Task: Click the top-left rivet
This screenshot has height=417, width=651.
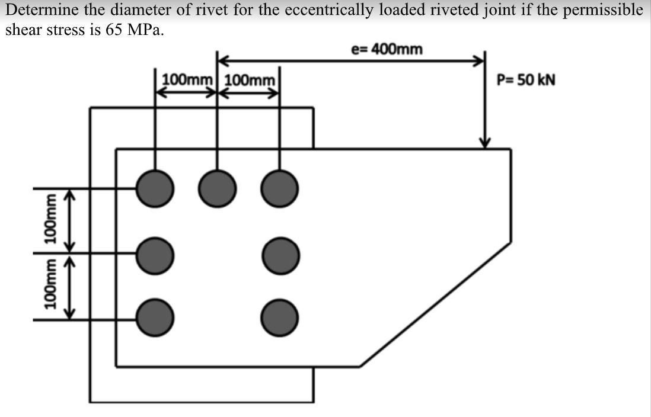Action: (155, 188)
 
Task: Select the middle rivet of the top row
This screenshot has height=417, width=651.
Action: (217, 188)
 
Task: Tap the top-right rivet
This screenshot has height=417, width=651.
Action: (279, 188)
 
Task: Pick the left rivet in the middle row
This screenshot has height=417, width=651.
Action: (155, 254)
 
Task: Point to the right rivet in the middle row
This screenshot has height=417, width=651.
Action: (279, 254)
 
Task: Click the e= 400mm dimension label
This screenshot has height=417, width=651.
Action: (387, 49)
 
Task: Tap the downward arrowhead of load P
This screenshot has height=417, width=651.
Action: (486, 142)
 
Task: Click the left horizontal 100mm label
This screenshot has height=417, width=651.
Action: (187, 79)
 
